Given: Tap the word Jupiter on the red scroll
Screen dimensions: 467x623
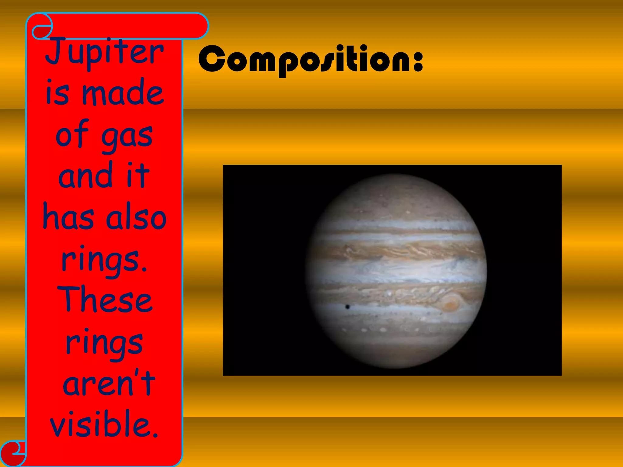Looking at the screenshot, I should coord(105,52).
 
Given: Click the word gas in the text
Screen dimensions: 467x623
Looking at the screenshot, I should coord(127,137).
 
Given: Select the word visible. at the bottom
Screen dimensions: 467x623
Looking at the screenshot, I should coord(104,424).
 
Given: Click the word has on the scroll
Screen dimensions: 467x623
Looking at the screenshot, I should coord(69,218).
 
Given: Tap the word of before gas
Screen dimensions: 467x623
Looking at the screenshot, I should coord(72,134).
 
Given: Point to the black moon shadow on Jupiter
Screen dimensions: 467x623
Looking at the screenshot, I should coord(347,307).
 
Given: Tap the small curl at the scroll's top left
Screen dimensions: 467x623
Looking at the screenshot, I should coord(41,31).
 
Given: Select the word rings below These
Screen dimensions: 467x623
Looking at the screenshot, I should coord(104,344).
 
